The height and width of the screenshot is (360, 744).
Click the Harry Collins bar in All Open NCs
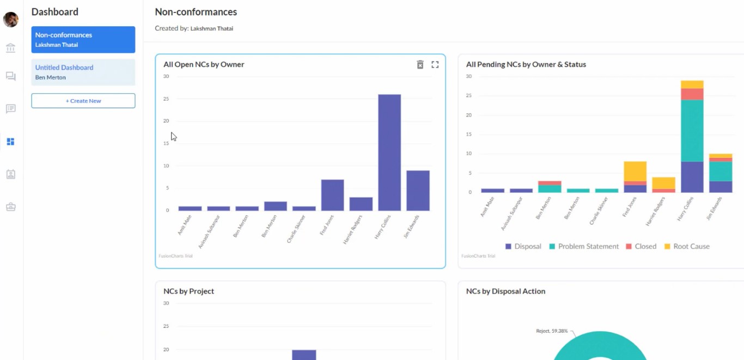(389, 152)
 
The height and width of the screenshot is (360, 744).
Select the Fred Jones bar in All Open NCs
(332, 195)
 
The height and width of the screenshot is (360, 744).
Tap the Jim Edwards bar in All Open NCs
(418, 191)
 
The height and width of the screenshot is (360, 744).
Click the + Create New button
(83, 101)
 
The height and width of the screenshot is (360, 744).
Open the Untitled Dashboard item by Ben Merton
(83, 72)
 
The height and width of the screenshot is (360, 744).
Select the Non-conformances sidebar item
(83, 40)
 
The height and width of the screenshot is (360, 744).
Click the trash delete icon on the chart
(420, 65)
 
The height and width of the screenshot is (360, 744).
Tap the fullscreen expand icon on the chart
(435, 65)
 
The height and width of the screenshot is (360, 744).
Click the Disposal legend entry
(523, 246)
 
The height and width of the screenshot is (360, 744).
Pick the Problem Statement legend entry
(584, 246)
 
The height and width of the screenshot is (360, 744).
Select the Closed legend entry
(641, 246)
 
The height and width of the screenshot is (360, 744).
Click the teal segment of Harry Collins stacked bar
(692, 131)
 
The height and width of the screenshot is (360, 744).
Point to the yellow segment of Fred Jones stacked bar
(635, 171)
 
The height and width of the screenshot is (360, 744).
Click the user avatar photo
(11, 20)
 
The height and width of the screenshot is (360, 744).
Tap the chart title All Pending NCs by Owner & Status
(526, 64)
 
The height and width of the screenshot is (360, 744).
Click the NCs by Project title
(188, 291)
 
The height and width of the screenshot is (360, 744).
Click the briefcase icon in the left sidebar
(11, 207)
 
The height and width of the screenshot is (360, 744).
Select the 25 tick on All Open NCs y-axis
(166, 99)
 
